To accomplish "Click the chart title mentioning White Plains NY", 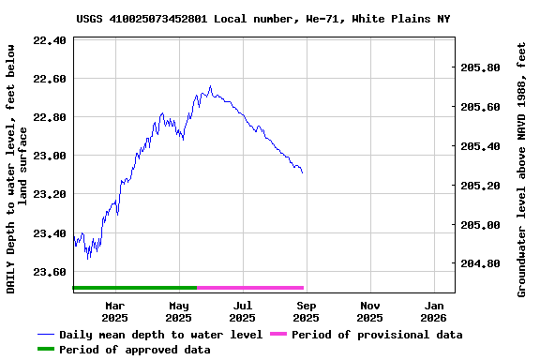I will [262, 19].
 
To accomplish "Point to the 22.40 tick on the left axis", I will [50, 40].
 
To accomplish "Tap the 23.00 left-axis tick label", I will [50, 156].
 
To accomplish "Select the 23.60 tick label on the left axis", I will [50, 272].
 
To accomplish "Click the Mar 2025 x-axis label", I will [114, 311].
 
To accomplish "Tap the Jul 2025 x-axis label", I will [243, 311].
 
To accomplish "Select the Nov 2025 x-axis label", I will [370, 311].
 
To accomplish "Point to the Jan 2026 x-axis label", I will [434, 311].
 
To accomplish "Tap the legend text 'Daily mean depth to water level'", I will [160, 335].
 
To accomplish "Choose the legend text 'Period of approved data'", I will [134, 350].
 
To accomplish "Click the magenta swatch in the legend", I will [277, 334].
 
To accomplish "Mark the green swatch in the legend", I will [46, 349].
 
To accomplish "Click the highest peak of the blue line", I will [210, 86].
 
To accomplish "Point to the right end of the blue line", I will [303, 173].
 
